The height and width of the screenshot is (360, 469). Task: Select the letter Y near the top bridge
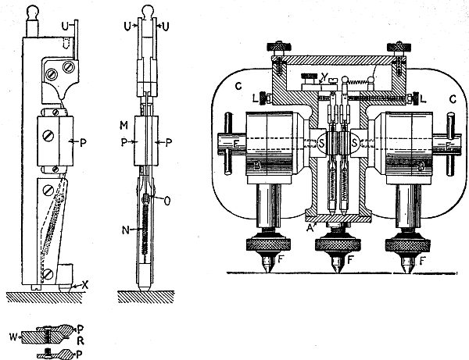pos(311,77)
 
